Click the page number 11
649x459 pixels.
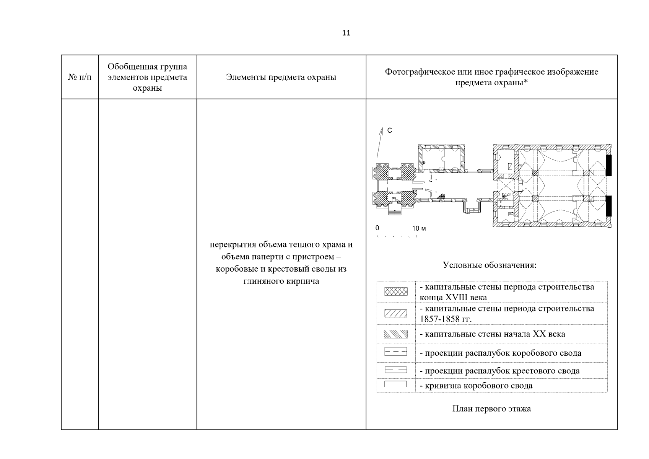tap(346, 33)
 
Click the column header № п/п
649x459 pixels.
tap(80, 77)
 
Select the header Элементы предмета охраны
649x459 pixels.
tap(281, 77)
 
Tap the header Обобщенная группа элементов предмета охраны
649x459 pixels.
tap(147, 77)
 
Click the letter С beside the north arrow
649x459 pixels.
tap(389, 131)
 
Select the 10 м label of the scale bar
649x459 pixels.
tap(419, 229)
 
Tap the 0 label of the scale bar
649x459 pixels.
tap(377, 228)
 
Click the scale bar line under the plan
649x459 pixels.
tap(397, 236)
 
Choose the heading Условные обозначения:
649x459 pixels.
tap(490, 265)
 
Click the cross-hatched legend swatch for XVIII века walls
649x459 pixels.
tap(396, 292)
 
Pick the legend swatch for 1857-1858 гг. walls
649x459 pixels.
tap(396, 314)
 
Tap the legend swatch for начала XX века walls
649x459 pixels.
tap(396, 334)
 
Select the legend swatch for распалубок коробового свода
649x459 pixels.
tap(396, 352)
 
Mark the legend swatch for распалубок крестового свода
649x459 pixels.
tap(396, 370)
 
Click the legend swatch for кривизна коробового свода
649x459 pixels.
tap(396, 384)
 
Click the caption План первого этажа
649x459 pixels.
tap(491, 409)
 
